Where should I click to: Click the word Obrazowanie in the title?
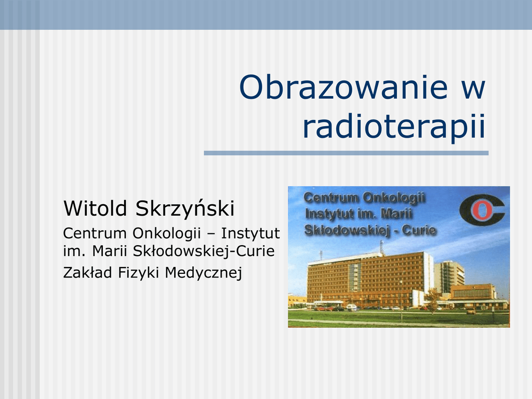tap(344, 87)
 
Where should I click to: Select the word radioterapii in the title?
tap(394, 126)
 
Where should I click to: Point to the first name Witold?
tap(95, 208)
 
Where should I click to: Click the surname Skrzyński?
tap(185, 208)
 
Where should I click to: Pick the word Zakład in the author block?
tap(87, 272)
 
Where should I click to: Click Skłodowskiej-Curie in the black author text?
tap(204, 251)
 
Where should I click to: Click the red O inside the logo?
tap(482, 210)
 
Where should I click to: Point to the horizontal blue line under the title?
tap(346, 153)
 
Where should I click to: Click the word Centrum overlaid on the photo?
tap(331, 197)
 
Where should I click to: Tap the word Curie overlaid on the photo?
tap(419, 230)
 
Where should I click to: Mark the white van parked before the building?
tap(352, 308)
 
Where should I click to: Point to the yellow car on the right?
tap(470, 311)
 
